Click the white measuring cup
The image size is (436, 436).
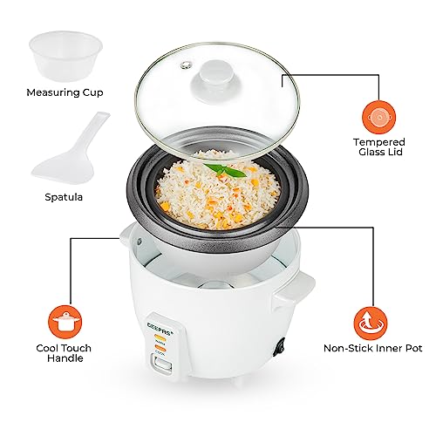tap(60, 55)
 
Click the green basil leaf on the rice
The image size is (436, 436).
tap(228, 171)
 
